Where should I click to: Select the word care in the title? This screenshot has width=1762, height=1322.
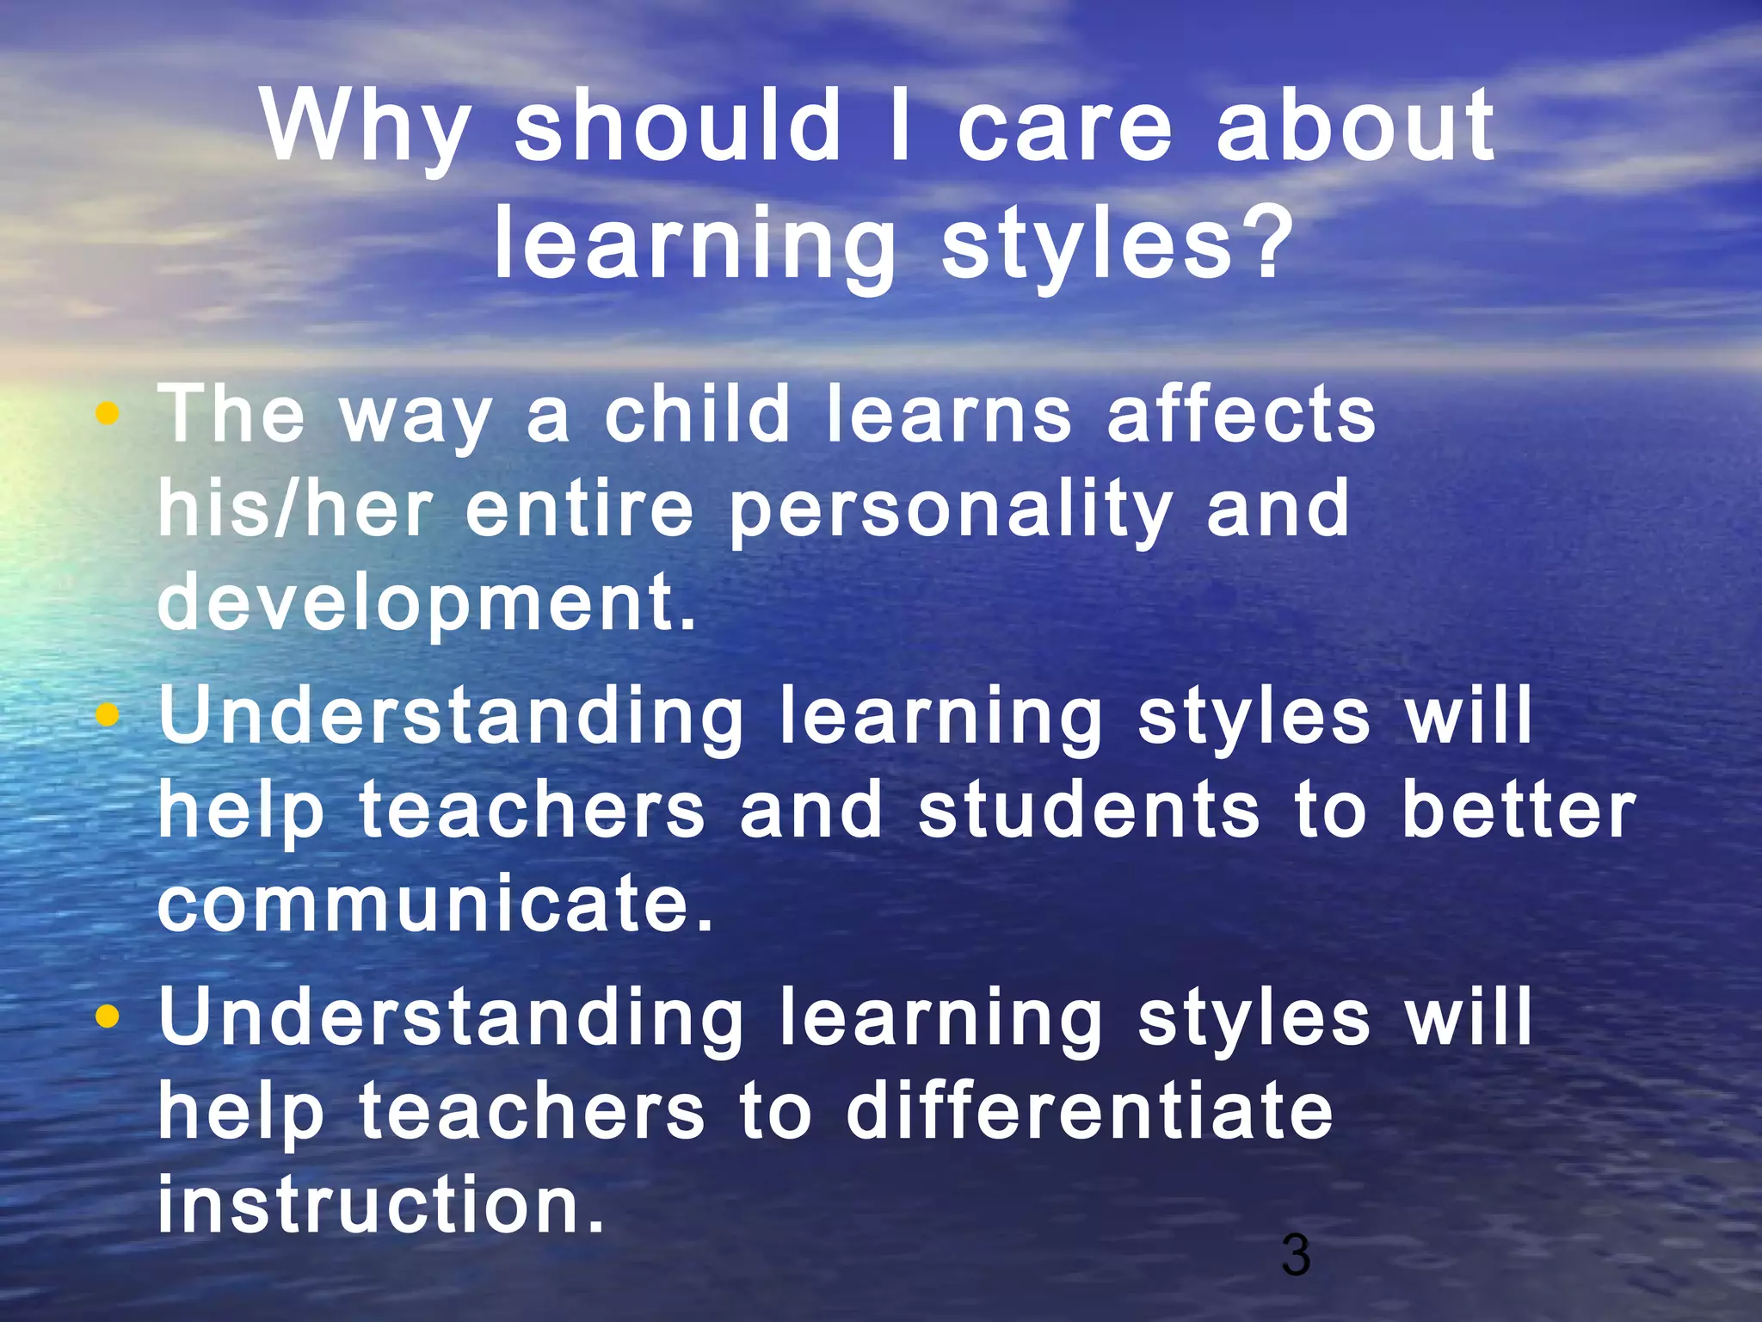click(x=1064, y=129)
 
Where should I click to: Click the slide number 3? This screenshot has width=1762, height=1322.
click(x=1295, y=1255)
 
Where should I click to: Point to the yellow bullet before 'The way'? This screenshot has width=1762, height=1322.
click(x=108, y=414)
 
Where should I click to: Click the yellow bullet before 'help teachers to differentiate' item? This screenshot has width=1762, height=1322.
click(x=108, y=1018)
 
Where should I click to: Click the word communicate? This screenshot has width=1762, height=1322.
click(x=434, y=904)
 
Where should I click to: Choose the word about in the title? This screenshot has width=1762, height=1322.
click(x=1356, y=129)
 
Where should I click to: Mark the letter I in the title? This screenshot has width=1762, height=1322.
click(x=900, y=129)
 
